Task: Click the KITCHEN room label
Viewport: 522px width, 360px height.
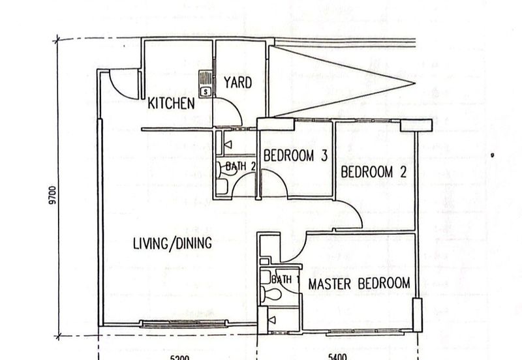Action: click(171, 103)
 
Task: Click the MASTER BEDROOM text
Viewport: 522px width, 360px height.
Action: click(359, 284)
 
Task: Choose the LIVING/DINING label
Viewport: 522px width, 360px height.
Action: click(172, 245)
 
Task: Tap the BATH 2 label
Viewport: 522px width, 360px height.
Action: click(239, 166)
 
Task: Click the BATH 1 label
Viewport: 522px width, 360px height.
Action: click(284, 280)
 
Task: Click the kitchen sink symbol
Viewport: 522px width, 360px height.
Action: click(206, 85)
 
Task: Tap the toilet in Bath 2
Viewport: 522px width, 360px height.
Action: click(223, 186)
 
